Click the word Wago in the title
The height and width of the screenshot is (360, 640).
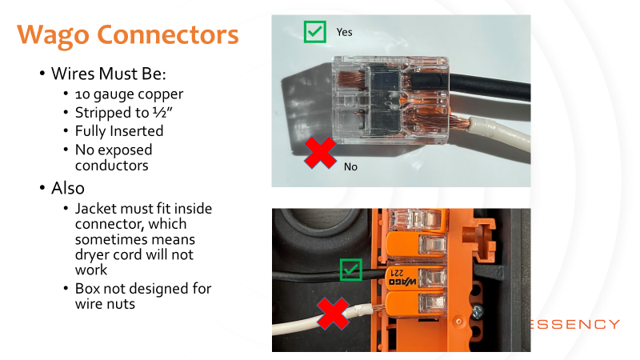tap(53, 35)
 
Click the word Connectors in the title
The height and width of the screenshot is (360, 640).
tap(168, 34)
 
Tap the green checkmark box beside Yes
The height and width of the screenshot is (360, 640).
tap(315, 32)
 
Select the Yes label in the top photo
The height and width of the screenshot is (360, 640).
tap(344, 32)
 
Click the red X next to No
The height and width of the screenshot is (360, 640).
tap(321, 153)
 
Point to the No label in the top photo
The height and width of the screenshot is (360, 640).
tap(350, 166)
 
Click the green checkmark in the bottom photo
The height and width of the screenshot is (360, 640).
tap(351, 270)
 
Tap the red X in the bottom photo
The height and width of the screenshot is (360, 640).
tap(333, 313)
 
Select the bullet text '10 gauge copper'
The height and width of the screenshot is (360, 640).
tap(129, 94)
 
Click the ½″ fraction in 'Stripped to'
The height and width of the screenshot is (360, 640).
tap(162, 113)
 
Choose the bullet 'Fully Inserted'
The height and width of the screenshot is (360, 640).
tap(119, 131)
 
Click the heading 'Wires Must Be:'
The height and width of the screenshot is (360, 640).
tap(109, 74)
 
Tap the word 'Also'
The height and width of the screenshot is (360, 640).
tap(68, 188)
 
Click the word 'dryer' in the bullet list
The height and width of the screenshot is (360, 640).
tap(93, 254)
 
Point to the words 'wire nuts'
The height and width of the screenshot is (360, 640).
tap(105, 304)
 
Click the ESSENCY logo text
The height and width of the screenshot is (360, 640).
tap(574, 325)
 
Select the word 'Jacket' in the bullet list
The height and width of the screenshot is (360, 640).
tap(98, 209)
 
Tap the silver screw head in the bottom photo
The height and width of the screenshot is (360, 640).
tap(477, 313)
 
